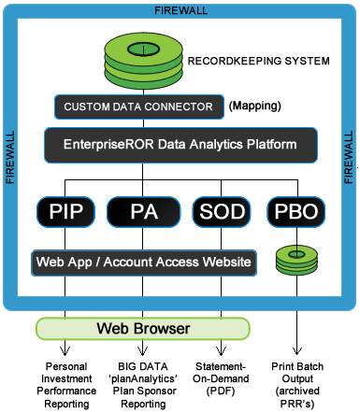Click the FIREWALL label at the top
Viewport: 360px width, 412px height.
[x=180, y=11]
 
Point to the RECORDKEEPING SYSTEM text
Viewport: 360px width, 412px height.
[x=258, y=62]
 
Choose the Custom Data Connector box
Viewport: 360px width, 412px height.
[x=139, y=107]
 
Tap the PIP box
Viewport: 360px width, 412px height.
[x=65, y=212]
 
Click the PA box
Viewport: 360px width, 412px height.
[x=143, y=212]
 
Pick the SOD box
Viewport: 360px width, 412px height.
[x=223, y=212]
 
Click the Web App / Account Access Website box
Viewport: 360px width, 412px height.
[x=143, y=263]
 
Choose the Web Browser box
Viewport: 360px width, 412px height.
[x=143, y=329]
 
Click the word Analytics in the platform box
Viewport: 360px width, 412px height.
[x=200, y=145]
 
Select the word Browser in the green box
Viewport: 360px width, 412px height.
[x=164, y=329]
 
